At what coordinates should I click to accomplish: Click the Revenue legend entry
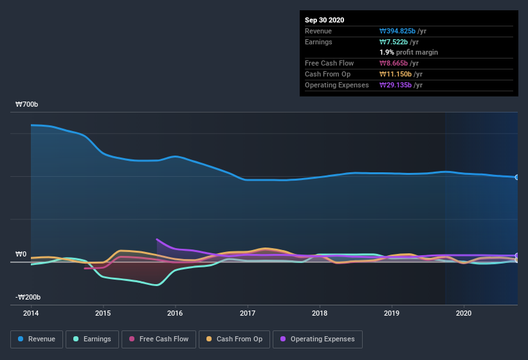click(36, 339)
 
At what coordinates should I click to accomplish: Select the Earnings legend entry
click(92, 339)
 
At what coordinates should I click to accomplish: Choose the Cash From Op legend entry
click(235, 339)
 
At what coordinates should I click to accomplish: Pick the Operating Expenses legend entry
click(318, 339)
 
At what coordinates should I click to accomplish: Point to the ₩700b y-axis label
click(27, 105)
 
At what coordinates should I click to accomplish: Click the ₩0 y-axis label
click(21, 255)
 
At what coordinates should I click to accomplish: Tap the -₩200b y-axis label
click(28, 298)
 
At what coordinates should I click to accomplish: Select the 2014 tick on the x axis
click(30, 313)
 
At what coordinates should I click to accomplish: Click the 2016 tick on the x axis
click(174, 313)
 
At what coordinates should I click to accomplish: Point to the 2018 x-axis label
click(319, 313)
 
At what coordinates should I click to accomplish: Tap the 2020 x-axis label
click(463, 313)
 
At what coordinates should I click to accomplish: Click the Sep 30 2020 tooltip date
click(324, 20)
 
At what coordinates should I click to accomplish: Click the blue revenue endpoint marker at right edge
click(516, 177)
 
